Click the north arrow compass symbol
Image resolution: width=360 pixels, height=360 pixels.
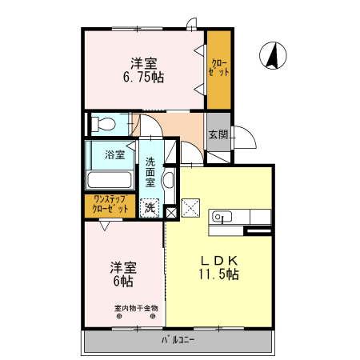271,55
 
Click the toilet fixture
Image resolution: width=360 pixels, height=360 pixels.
102,124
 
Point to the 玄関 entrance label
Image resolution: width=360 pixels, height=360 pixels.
218,134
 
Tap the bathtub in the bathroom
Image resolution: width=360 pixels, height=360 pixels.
110,180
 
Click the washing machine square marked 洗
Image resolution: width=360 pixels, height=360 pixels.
149,208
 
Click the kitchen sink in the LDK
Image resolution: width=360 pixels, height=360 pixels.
222,216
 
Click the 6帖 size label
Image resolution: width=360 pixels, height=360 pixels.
122,282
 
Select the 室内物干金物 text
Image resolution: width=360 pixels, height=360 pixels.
135,307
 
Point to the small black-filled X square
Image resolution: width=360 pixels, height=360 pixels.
170,212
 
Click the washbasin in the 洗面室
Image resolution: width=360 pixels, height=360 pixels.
168,180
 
